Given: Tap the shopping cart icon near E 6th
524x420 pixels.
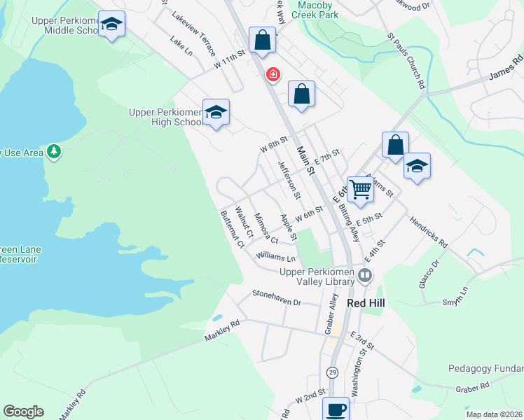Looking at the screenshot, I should pyautogui.click(x=360, y=188).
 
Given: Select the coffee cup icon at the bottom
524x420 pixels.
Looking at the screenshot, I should pyautogui.click(x=336, y=409).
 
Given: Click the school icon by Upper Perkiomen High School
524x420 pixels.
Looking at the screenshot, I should pyautogui.click(x=216, y=112).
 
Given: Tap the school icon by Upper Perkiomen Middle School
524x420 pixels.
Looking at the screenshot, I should pyautogui.click(x=111, y=24).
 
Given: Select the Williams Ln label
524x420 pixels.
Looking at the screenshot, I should pyautogui.click(x=276, y=258).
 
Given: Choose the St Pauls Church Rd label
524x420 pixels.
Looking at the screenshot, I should pyautogui.click(x=407, y=59).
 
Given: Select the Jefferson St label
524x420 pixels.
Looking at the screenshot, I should pyautogui.click(x=289, y=178).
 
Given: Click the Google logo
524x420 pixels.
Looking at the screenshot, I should pyautogui.click(x=23, y=412).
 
